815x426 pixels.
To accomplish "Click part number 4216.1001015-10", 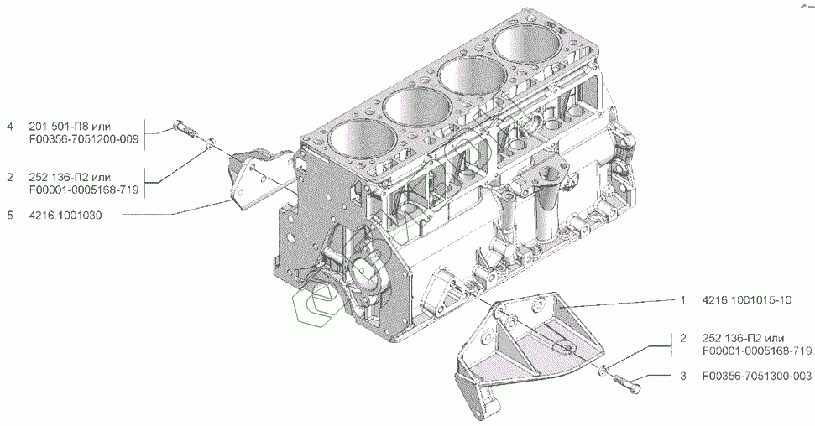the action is coord(747,300).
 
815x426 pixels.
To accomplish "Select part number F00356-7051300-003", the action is coord(757,376).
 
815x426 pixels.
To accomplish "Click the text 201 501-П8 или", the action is coord(71,127).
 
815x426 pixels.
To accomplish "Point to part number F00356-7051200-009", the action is coord(84,140).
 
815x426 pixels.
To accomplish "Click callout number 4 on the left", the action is coord(10,127).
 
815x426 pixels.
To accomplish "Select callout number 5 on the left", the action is coord(10,215).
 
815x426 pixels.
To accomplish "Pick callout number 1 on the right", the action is coord(683,300).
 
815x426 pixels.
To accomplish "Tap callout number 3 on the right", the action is coord(683,376).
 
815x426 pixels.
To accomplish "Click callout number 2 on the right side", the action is coord(683,338).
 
